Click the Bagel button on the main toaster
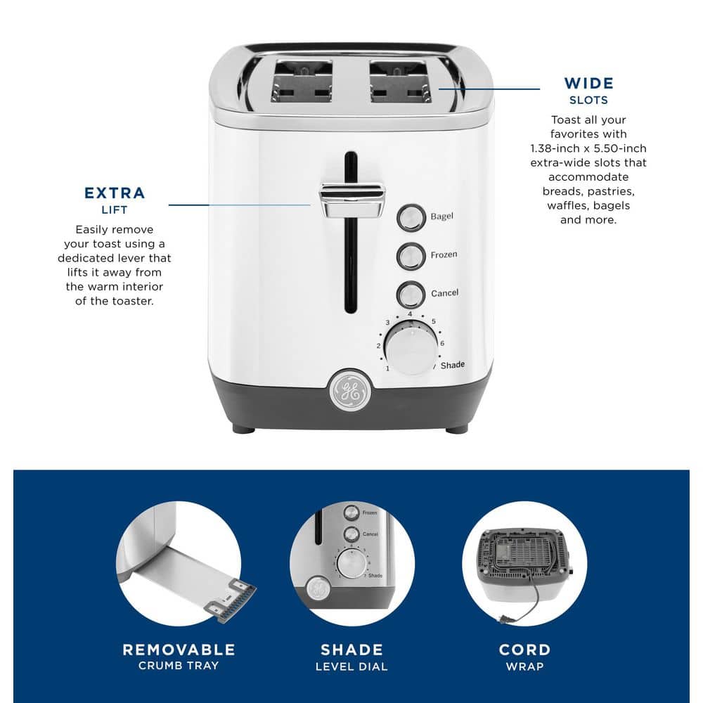(411, 218)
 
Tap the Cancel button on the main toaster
(411, 295)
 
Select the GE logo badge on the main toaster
(350, 391)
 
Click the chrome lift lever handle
(352, 200)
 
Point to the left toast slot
(302, 81)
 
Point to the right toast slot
(400, 81)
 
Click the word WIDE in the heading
(588, 84)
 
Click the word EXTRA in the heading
(115, 193)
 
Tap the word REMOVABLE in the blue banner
(179, 650)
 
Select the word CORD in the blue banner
(524, 650)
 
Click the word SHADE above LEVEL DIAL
(352, 650)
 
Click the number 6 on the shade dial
(442, 344)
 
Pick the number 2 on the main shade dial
(378, 346)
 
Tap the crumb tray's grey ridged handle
(231, 601)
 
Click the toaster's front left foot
(243, 430)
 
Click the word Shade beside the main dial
(452, 366)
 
